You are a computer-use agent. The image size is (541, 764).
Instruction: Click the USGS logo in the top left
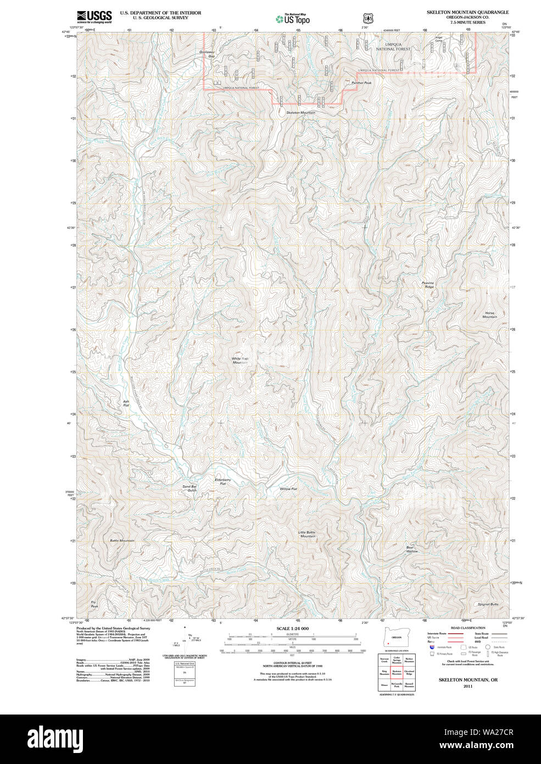94,16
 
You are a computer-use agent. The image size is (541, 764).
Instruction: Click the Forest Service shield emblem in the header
367,19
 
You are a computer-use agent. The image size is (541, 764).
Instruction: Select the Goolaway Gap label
207,54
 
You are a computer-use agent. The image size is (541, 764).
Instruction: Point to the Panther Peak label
361,83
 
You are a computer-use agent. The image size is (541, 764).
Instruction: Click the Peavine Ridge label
428,285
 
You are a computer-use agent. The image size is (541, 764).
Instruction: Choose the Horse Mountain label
489,315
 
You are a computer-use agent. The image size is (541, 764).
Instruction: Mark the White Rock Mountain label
240,361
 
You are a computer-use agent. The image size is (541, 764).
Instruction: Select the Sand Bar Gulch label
189,488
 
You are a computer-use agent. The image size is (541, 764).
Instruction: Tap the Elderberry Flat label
222,481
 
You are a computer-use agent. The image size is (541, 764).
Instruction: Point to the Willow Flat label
288,489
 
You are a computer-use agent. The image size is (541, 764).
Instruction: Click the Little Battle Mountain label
306,534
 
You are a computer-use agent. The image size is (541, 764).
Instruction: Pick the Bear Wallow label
412,549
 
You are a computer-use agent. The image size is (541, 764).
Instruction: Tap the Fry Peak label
94,604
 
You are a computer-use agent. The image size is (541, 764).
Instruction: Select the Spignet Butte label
488,604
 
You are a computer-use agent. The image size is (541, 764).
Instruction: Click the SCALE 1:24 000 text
292,628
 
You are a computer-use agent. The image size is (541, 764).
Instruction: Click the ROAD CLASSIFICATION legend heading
467,628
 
